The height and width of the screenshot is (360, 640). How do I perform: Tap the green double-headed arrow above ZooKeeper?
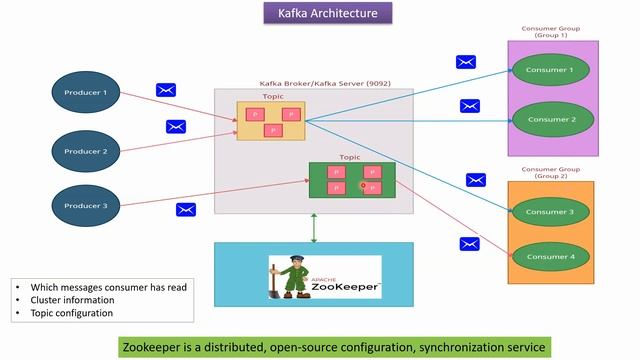[x=314, y=228]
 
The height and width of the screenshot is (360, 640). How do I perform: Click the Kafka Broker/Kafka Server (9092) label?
[x=310, y=83]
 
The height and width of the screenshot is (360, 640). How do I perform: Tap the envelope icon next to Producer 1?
[x=166, y=90]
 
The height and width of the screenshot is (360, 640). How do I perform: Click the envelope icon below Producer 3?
[x=186, y=210]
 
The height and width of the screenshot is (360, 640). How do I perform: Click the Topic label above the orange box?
[x=273, y=96]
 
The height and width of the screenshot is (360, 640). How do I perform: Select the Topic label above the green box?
[x=349, y=157]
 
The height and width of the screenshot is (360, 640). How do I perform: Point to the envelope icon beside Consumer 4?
[x=469, y=243]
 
